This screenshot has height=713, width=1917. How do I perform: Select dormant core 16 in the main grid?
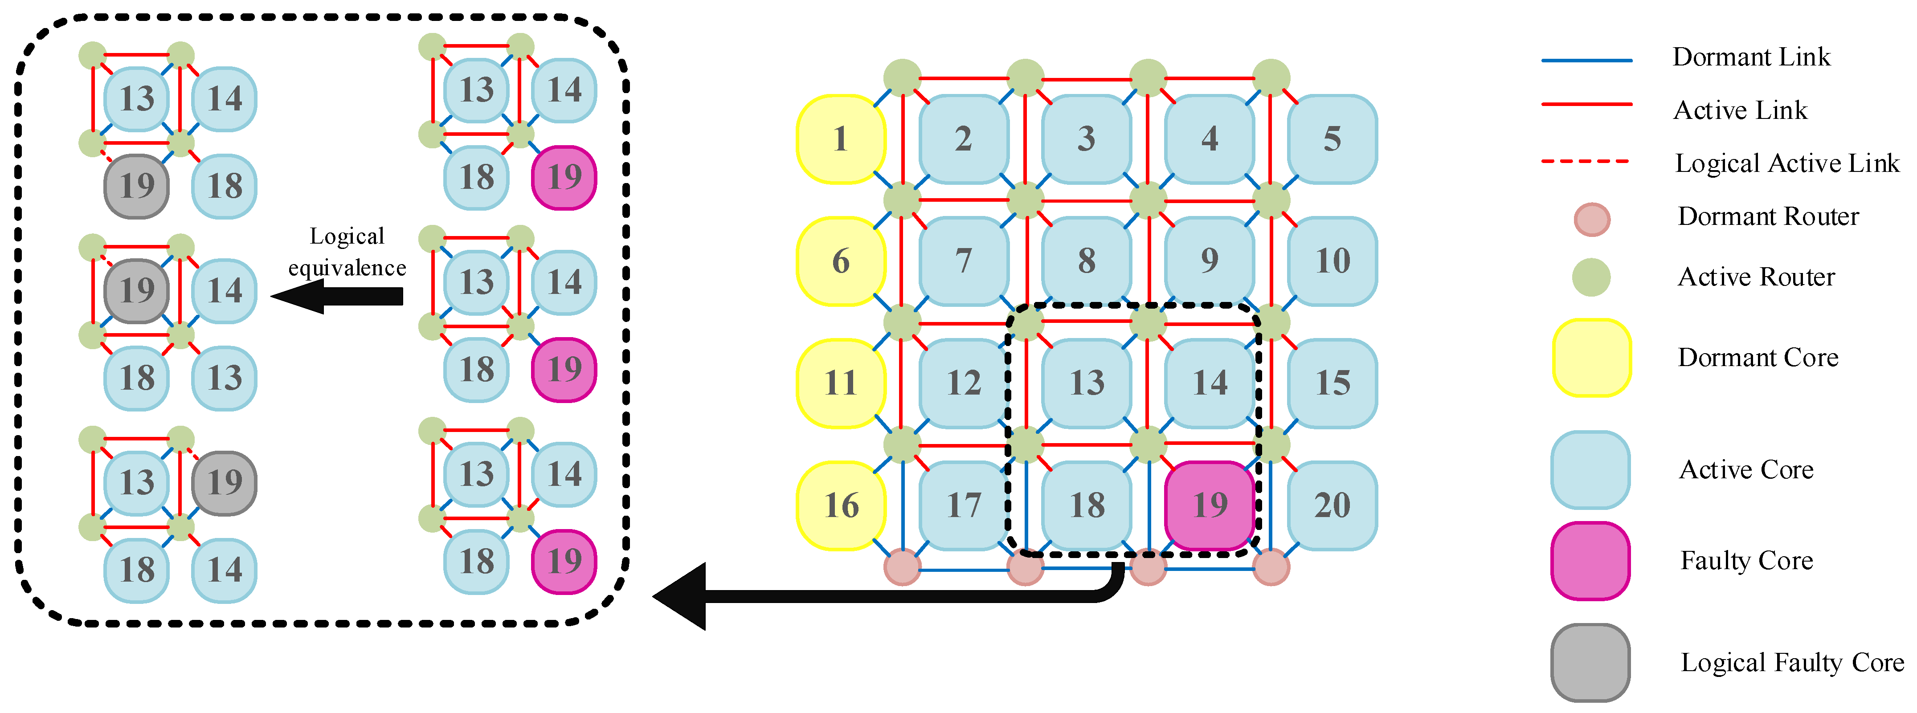click(840, 505)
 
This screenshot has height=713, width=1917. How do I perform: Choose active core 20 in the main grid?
click(1332, 505)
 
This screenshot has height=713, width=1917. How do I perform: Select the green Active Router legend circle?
click(1591, 277)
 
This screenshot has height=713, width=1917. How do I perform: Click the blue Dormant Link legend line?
click(1586, 60)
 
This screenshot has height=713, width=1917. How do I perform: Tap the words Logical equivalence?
click(347, 252)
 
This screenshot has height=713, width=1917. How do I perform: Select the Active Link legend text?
click(1740, 110)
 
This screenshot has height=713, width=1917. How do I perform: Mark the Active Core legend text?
click(1746, 470)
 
